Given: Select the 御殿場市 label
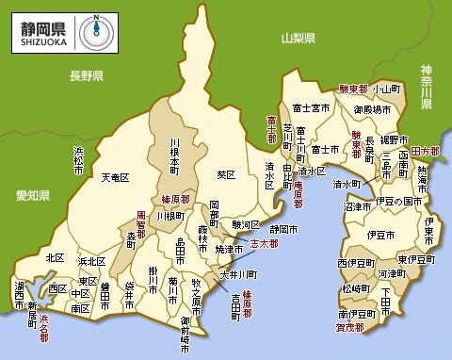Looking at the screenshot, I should point(373,109).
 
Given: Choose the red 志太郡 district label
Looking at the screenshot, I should point(266,243).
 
